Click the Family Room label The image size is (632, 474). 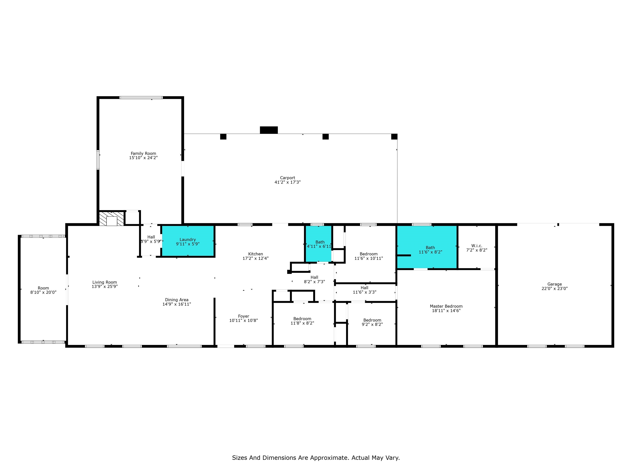143,153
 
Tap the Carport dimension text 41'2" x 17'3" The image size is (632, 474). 287,182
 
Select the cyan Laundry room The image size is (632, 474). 188,241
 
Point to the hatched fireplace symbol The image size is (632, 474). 112,218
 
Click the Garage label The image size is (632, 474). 555,284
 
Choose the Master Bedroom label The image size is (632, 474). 446,306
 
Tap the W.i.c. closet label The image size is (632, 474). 476,246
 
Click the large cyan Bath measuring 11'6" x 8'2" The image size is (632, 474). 427,247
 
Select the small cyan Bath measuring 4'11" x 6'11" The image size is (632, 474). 318,244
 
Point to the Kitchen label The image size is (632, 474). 256,254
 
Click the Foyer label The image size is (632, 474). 243,316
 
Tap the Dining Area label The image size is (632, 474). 177,300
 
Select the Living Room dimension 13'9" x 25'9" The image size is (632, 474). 105,286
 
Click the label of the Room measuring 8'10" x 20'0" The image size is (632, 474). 43,288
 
